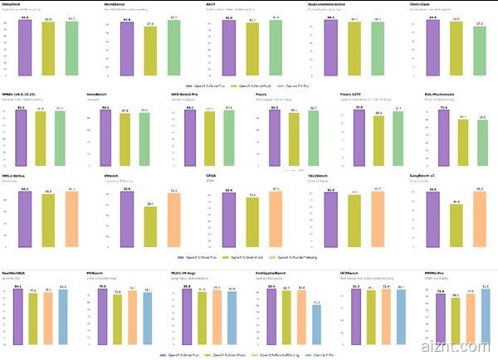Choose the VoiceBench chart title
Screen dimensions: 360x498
click(98, 95)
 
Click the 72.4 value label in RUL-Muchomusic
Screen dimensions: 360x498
click(443, 108)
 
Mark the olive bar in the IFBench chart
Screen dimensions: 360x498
click(149, 228)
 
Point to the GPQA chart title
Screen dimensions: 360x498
click(212, 176)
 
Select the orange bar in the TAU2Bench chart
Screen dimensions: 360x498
click(378, 221)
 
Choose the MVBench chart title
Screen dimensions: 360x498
click(95, 272)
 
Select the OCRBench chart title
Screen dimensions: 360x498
click(349, 272)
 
